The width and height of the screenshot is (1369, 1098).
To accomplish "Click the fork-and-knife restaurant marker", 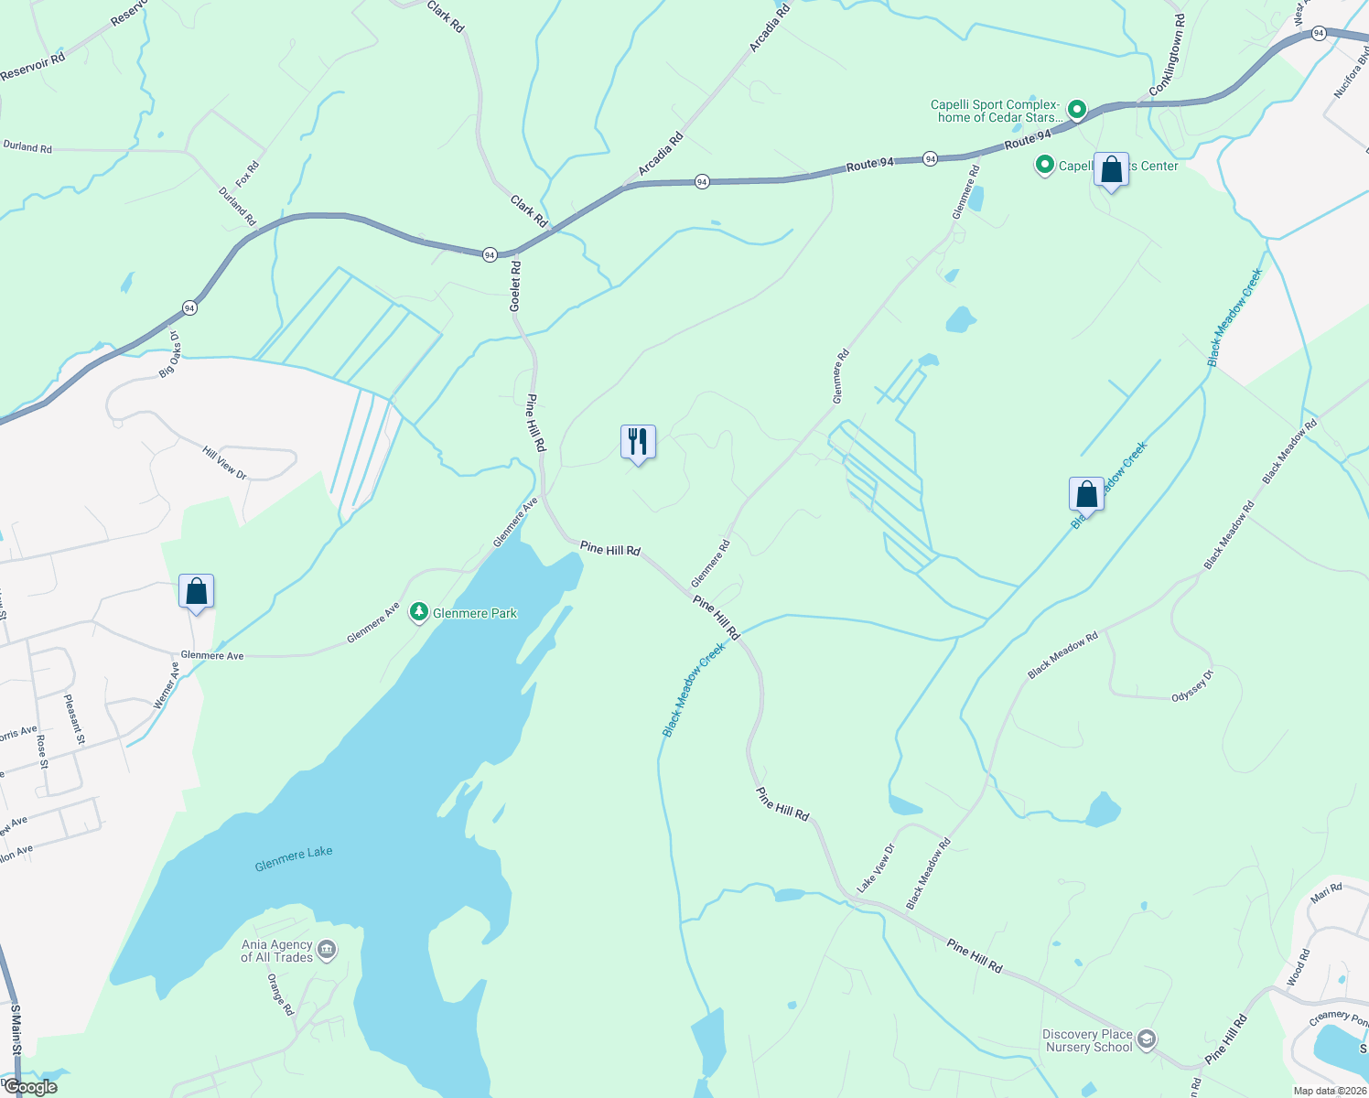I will pos(638,442).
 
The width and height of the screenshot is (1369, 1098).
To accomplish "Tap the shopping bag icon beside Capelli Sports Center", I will pos(1111,170).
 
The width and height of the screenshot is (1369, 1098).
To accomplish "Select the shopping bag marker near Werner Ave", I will pos(196,592).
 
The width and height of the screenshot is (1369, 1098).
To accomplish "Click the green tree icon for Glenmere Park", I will pos(419,612).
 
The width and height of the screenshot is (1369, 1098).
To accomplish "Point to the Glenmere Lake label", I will pos(294,858).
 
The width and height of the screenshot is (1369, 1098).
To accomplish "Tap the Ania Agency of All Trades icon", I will pos(327,951).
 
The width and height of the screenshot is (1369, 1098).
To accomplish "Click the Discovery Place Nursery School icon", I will pos(1147,1039).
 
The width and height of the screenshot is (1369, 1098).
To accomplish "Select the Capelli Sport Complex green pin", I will pos(1077,111).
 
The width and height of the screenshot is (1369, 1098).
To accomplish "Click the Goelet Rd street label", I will pos(515,286).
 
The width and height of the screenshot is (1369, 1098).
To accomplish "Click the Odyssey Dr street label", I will pos(1192,686).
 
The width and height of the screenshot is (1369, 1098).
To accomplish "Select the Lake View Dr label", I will pos(876,868).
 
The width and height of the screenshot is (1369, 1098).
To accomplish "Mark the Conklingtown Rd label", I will pos(1168,56).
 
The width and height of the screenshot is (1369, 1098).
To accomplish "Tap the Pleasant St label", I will pos(74,719).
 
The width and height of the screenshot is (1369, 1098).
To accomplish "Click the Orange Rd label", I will pos(280,994).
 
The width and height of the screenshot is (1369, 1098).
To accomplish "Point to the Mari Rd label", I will pos(1326,892).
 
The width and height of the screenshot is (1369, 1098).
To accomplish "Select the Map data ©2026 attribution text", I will pos(1329,1091).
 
